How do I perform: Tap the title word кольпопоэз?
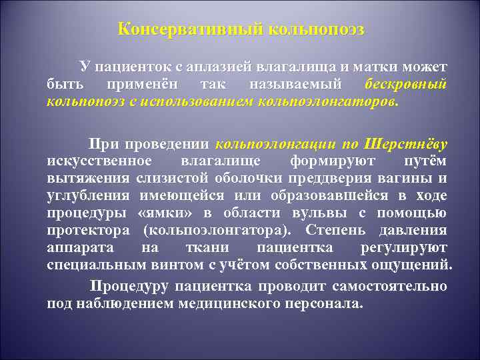click(316, 30)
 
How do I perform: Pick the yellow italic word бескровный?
click(406, 85)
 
